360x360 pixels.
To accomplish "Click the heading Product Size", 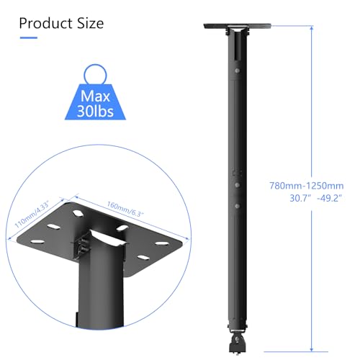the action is coord(61,24).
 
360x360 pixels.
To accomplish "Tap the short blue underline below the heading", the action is coord(29,37).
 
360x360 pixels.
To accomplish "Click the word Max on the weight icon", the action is coord(95,96).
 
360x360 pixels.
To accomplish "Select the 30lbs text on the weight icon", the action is coord(95,112).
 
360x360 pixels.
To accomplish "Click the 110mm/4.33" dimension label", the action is coord(32,215).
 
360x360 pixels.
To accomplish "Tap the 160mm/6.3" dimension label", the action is coord(125,209).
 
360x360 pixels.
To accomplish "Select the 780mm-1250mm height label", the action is coord(307,186).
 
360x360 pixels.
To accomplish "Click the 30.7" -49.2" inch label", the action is coord(315,198).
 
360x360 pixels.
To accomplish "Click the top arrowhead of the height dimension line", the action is coord(312,27).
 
